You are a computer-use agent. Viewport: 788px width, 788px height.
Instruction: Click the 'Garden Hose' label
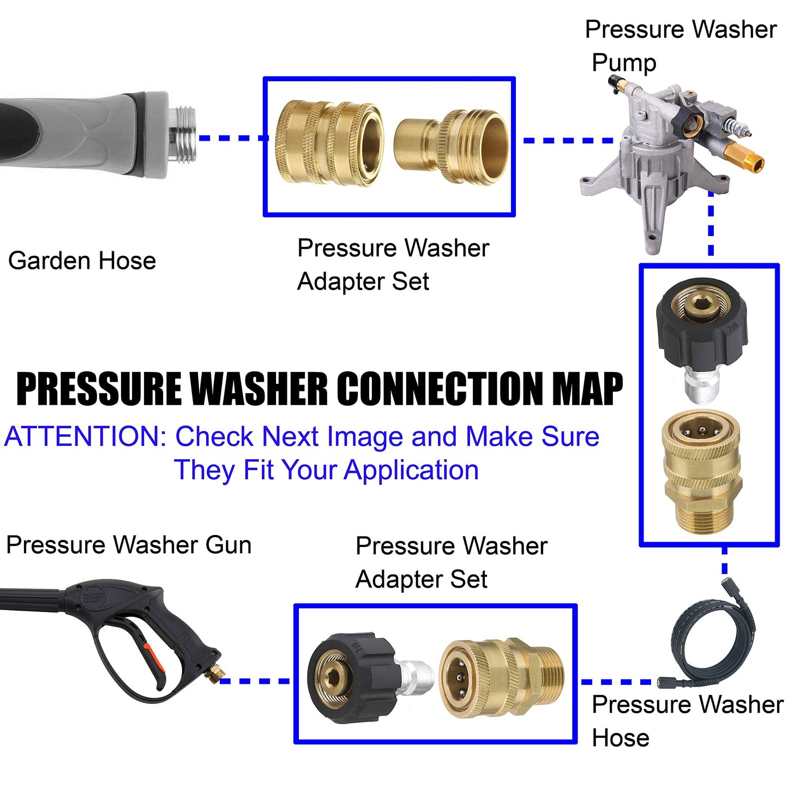82,261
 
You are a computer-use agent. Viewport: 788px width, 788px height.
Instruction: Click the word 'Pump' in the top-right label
624,63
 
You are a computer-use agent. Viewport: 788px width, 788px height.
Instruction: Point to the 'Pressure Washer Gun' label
129,545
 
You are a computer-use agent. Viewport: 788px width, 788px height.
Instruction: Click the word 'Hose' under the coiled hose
621,738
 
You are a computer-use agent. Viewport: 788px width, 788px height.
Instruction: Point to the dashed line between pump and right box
711,224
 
